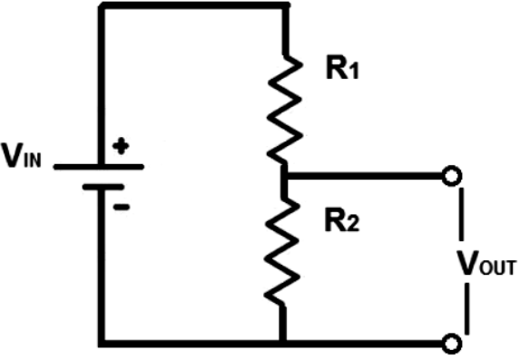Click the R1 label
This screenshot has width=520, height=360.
(x=342, y=67)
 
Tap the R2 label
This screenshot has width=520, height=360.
(x=342, y=219)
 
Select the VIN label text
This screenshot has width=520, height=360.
(x=21, y=155)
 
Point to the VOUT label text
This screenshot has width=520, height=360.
(x=486, y=263)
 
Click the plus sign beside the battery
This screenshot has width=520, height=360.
(x=121, y=146)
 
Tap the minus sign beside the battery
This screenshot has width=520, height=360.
(x=122, y=207)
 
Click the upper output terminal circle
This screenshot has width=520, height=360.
(x=452, y=176)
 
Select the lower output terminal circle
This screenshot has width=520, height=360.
(x=452, y=344)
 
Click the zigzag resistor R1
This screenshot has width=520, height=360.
(x=285, y=110)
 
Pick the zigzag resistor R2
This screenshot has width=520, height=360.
(x=282, y=251)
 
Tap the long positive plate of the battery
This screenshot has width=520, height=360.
(x=99, y=167)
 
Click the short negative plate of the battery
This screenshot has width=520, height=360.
(x=103, y=188)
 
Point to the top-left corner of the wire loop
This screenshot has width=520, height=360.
(x=102, y=5)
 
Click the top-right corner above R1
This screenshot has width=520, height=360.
(x=286, y=5)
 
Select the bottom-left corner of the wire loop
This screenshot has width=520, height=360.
(x=102, y=344)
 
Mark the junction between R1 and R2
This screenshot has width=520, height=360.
(x=284, y=176)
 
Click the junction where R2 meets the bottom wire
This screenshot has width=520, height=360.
(x=282, y=344)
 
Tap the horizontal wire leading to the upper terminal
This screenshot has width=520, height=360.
(x=365, y=176)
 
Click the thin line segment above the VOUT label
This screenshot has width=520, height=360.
(x=461, y=214)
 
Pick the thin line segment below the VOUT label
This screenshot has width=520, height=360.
(x=466, y=308)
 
